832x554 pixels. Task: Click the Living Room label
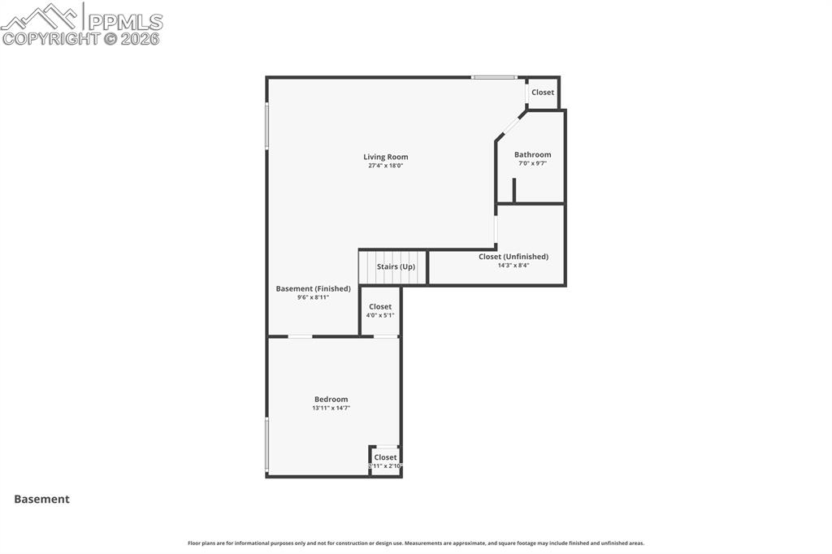[385, 157]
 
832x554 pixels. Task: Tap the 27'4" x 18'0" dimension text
[385, 166]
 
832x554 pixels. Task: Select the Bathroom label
[532, 154]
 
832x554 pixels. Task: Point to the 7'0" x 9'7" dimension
[532, 163]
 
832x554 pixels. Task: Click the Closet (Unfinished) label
[513, 257]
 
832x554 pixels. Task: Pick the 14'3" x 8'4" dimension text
[513, 266]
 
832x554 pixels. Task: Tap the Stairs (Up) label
[396, 266]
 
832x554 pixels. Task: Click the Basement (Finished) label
[313, 288]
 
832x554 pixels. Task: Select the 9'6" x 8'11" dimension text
[313, 297]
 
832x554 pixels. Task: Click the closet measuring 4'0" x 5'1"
[380, 311]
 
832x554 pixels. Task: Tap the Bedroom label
[331, 399]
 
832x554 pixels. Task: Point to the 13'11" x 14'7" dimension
[331, 408]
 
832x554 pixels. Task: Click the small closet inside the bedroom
[385, 461]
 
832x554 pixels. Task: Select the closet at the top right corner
[543, 93]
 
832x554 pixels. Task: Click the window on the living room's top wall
[494, 77]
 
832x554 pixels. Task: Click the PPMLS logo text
[124, 22]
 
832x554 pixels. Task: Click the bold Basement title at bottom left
[41, 500]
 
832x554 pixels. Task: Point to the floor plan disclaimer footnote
[416, 543]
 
